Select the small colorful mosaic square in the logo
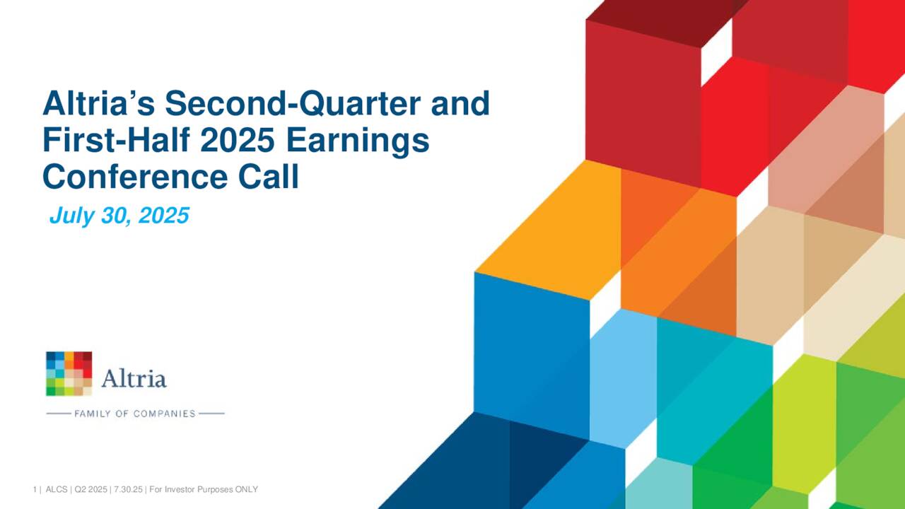(69, 373)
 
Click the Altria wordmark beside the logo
(134, 379)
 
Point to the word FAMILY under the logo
(92, 414)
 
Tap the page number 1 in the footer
(34, 490)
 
